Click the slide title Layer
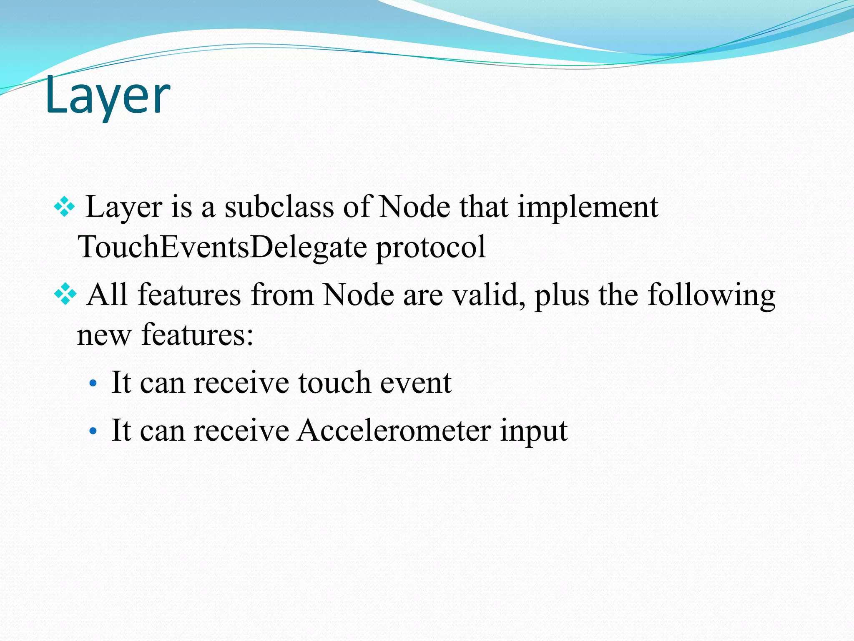(108, 96)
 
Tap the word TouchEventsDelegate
(221, 247)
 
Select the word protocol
(431, 247)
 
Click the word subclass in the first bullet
(279, 207)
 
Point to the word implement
(588, 207)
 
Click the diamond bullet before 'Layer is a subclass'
(65, 207)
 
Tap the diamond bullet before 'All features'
(65, 295)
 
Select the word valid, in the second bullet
(489, 295)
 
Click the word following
(711, 295)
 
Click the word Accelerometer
(394, 430)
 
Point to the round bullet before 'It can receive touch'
(93, 383)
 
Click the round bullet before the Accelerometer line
(93, 430)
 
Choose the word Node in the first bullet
(415, 207)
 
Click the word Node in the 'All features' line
(358, 295)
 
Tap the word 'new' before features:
(104, 335)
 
